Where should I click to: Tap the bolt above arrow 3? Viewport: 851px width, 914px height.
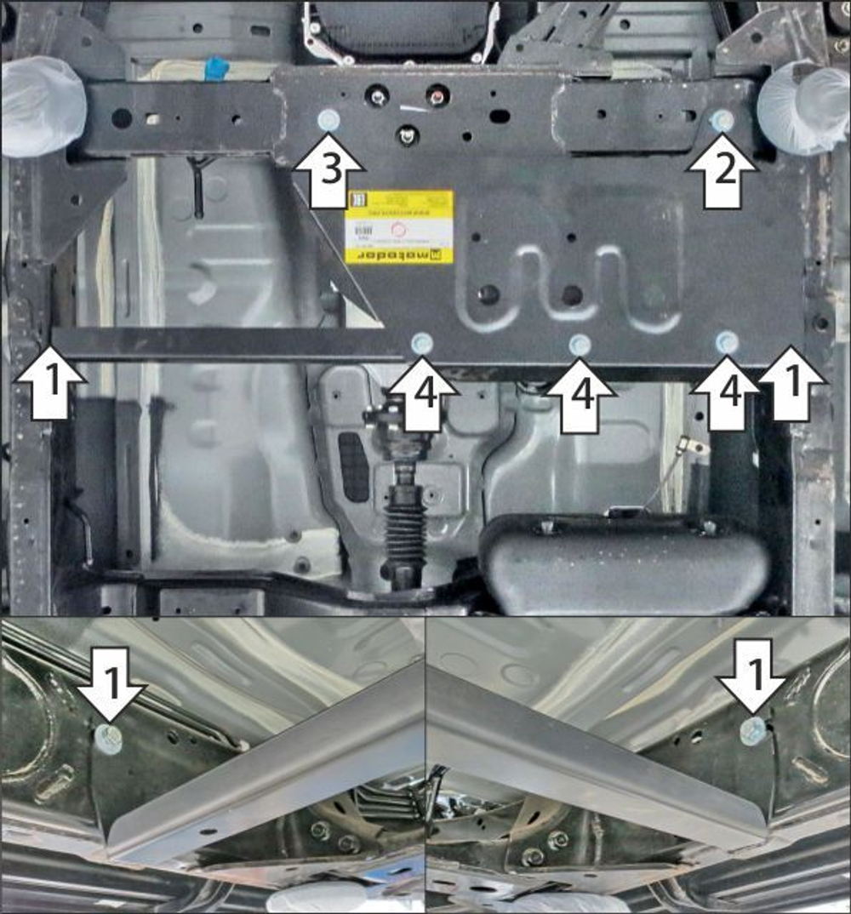click(328, 121)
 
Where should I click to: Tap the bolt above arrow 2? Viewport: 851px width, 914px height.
click(722, 121)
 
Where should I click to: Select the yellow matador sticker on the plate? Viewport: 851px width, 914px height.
click(398, 226)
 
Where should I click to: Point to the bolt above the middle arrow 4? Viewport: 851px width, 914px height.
click(580, 345)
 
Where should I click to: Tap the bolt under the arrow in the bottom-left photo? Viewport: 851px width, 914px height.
click(109, 738)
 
